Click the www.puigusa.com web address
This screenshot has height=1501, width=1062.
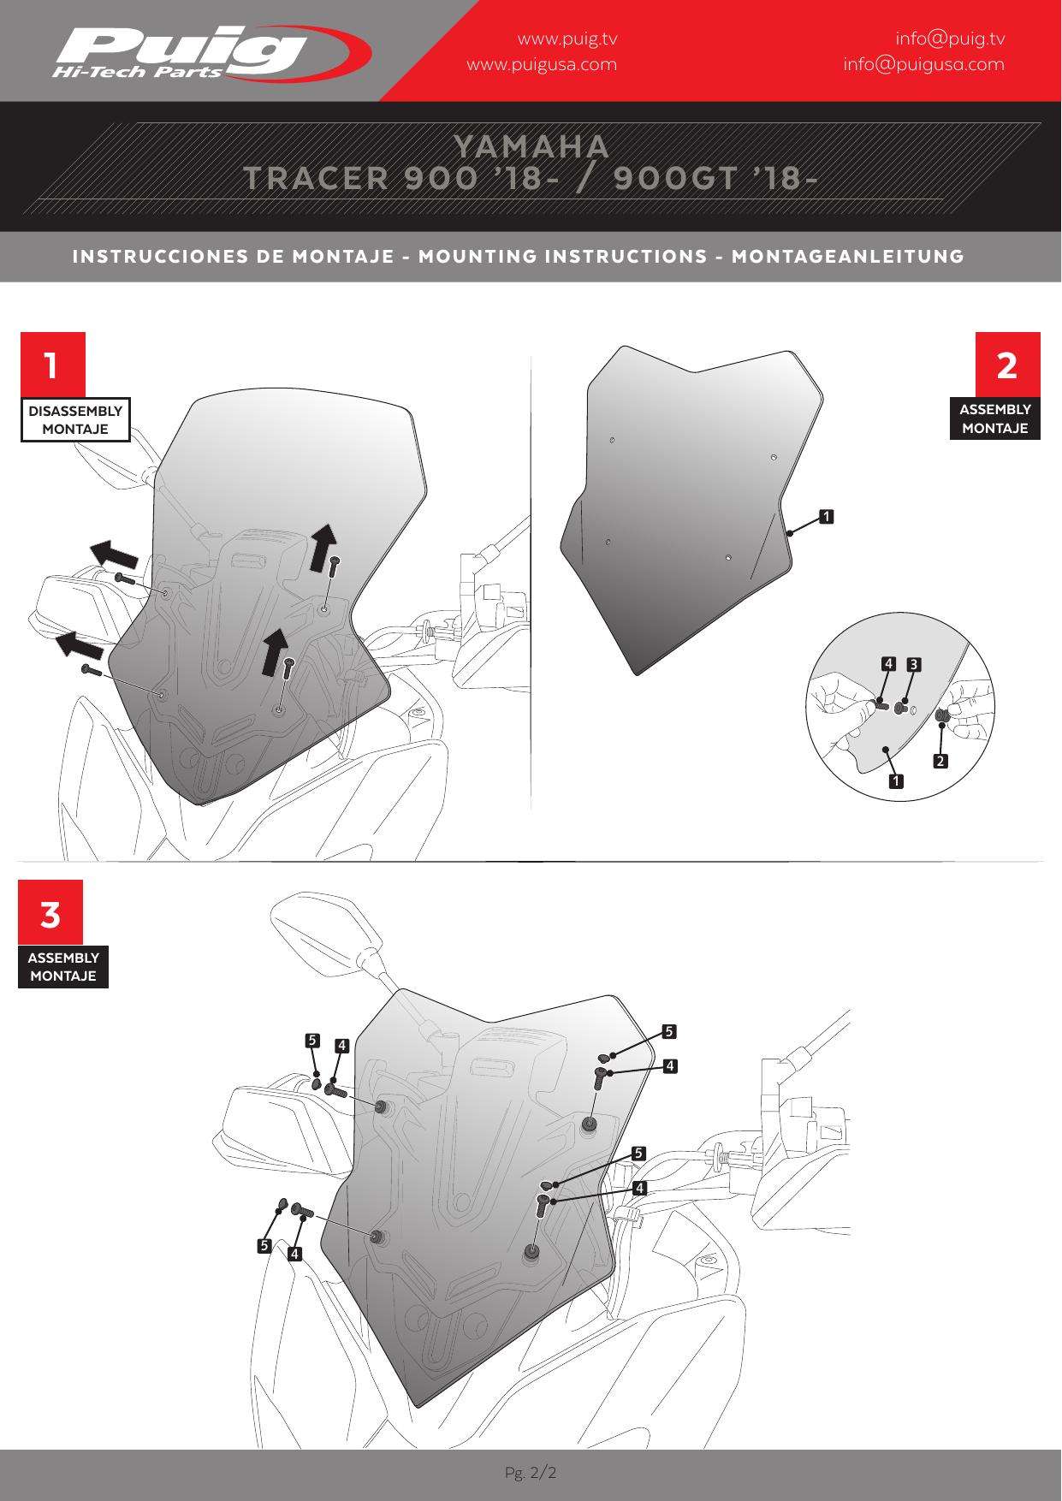click(541, 64)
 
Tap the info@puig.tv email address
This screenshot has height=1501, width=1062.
click(950, 39)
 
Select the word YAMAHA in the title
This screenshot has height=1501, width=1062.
click(531, 146)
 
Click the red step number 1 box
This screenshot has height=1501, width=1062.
click(53, 365)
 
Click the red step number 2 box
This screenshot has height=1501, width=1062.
click(1008, 365)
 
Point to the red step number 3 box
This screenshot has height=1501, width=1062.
click(50, 912)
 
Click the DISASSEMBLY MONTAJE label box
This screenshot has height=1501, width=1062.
click(75, 419)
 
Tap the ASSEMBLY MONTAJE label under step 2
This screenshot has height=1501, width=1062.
click(995, 418)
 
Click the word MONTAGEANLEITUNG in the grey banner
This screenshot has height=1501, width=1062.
click(847, 257)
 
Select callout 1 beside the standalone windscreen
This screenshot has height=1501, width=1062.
click(826, 516)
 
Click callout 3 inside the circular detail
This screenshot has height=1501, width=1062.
click(913, 663)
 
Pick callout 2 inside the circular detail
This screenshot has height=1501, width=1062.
click(940, 761)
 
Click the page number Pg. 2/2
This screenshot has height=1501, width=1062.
click(531, 1473)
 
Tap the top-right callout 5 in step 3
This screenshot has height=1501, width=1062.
click(669, 1031)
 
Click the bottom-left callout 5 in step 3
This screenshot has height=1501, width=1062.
click(265, 1246)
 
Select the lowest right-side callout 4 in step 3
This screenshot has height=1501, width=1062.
click(639, 1189)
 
